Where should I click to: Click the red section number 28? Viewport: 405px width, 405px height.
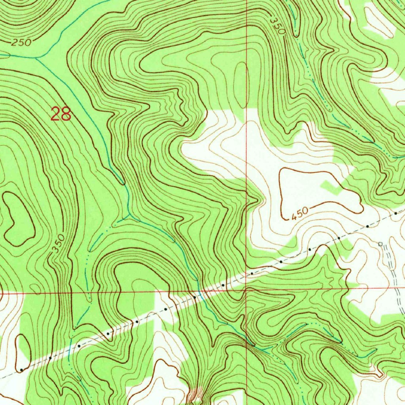point(61,114)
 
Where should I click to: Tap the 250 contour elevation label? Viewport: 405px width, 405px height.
point(21,43)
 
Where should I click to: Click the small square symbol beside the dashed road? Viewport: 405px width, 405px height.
point(380,244)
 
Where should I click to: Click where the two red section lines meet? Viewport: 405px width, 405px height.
point(246,290)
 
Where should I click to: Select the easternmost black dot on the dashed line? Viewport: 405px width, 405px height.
point(396,214)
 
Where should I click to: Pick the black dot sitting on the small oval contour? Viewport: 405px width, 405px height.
point(21,369)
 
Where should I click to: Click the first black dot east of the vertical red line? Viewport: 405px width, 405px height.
point(252,273)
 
